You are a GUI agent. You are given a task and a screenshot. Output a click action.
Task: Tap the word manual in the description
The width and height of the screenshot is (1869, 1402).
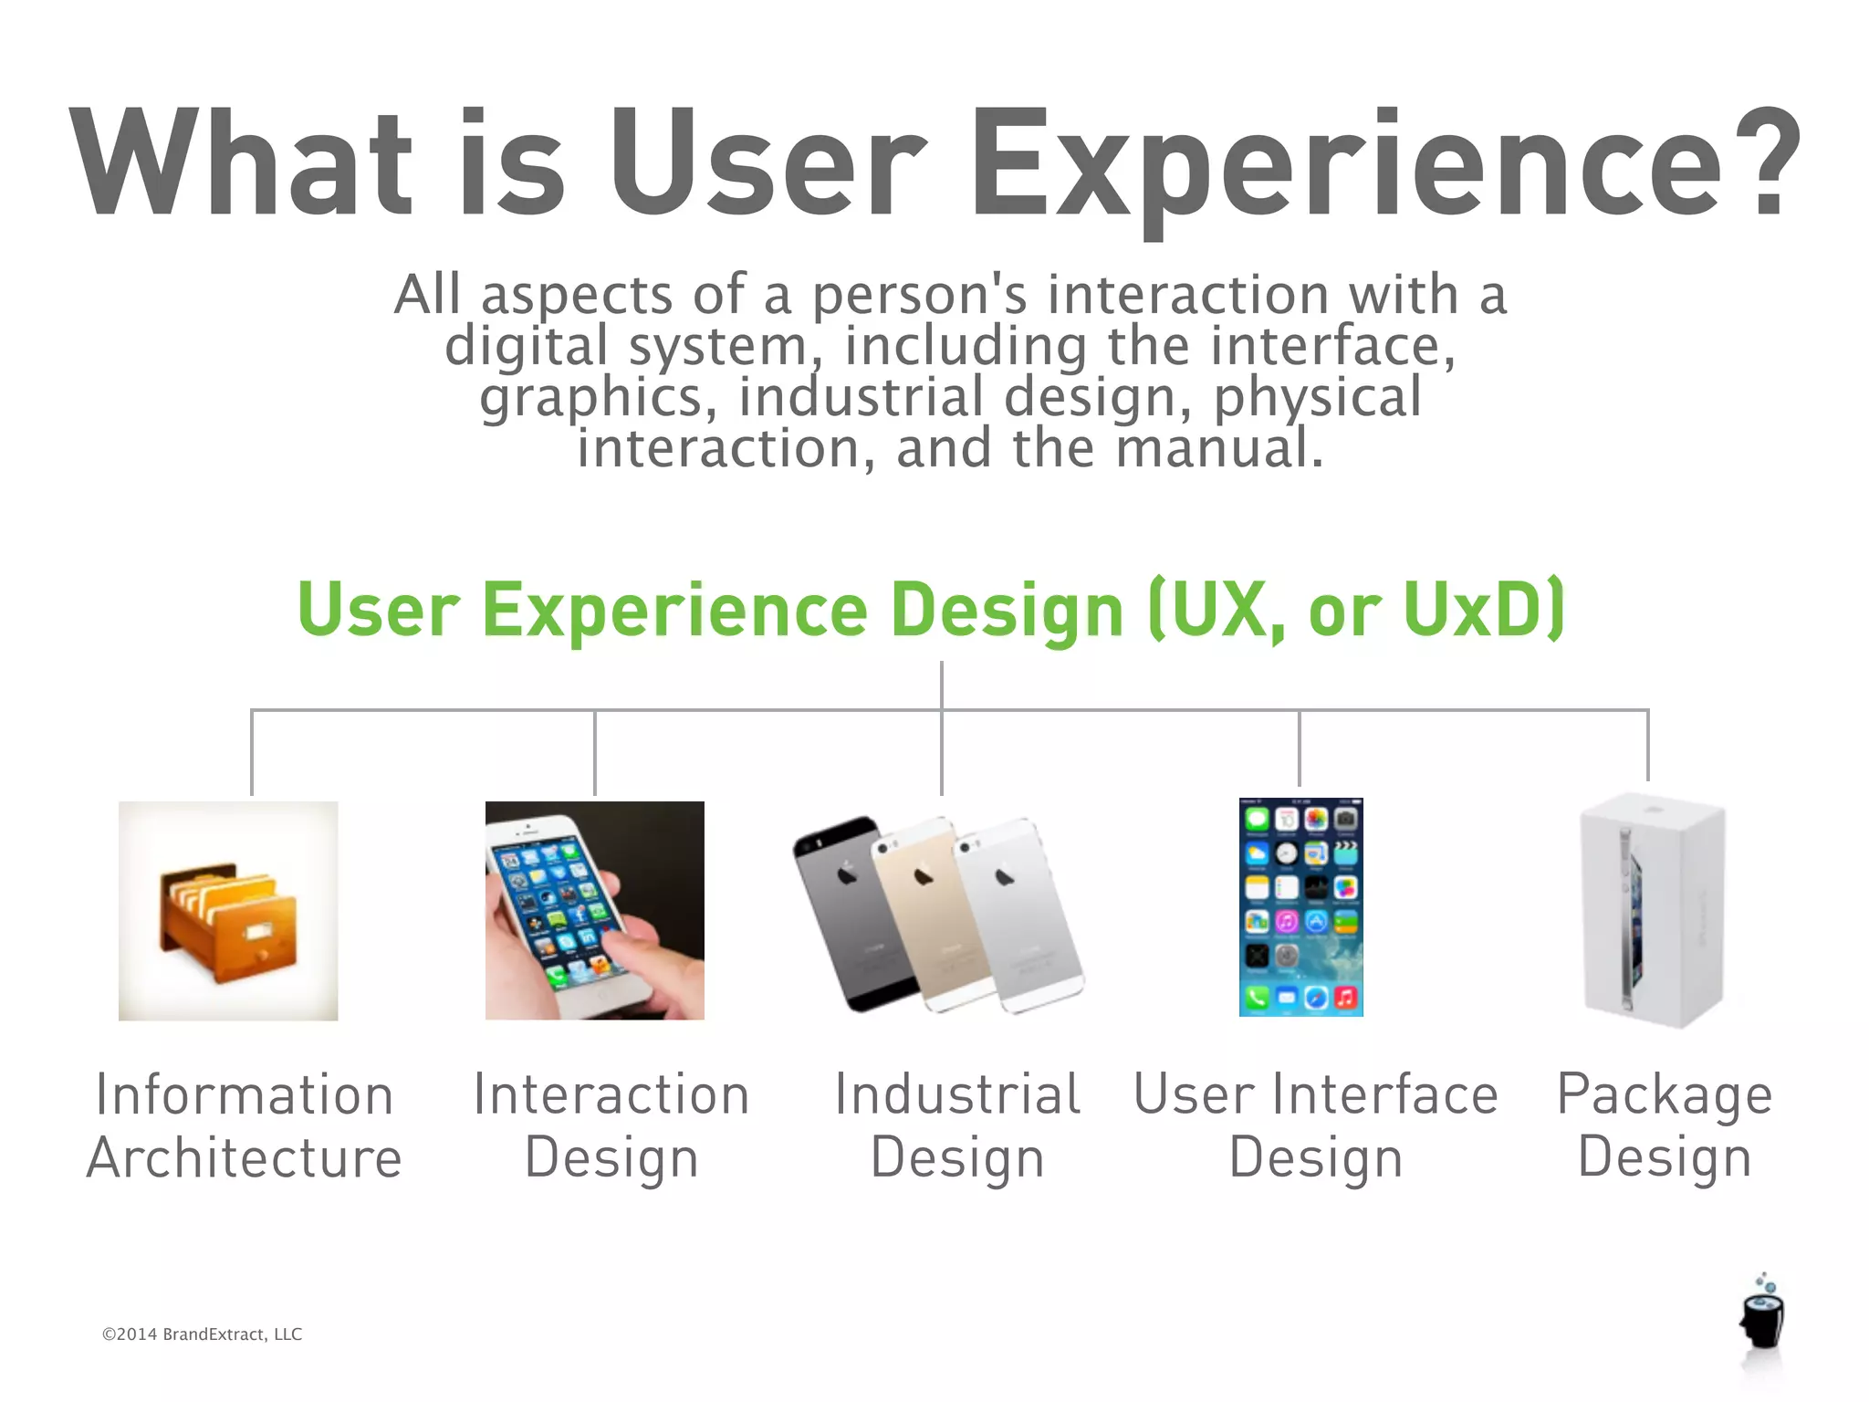(1218, 448)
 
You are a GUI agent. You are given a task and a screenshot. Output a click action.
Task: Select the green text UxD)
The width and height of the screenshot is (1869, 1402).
(1484, 609)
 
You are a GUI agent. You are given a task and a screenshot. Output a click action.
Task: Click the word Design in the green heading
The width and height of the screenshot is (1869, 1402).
(1007, 609)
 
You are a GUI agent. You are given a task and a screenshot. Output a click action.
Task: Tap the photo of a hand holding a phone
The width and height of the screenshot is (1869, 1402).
(594, 910)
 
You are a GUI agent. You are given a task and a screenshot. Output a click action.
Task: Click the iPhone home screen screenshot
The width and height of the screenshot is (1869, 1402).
(1300, 906)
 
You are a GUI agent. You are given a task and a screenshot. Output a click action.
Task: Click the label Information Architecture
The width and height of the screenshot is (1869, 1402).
(244, 1125)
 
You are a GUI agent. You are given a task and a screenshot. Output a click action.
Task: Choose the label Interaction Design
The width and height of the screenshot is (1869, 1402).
(611, 1125)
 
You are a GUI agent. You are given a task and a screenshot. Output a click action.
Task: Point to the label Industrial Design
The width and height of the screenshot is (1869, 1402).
(957, 1125)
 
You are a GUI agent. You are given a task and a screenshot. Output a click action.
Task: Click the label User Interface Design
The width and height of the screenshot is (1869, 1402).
(1315, 1125)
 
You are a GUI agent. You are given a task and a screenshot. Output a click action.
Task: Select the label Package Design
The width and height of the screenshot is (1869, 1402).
(1665, 1125)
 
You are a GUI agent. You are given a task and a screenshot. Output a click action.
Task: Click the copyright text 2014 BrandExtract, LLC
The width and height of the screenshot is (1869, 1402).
(202, 1334)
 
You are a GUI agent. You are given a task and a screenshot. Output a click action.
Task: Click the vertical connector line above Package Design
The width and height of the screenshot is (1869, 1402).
(1647, 744)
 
